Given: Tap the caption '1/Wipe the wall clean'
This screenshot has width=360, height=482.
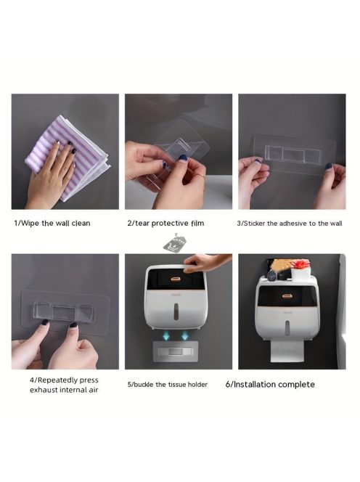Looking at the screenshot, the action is (x=52, y=223).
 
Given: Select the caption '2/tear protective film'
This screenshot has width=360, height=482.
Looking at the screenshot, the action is (x=165, y=223).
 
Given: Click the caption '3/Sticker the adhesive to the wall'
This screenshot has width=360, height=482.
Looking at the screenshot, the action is (x=290, y=224).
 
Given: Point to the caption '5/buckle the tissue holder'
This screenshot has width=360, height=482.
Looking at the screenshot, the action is (x=168, y=385).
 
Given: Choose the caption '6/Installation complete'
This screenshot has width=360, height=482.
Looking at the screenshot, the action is (x=270, y=385).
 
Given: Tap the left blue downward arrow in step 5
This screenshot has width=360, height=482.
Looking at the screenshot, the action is (x=166, y=335).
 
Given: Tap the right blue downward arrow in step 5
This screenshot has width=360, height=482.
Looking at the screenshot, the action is (x=185, y=335).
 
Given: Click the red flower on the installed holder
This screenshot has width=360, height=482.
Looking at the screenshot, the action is (x=299, y=264).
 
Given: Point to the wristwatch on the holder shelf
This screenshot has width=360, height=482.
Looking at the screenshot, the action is (x=272, y=276).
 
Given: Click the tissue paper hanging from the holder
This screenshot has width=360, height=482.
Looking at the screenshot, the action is (x=287, y=351).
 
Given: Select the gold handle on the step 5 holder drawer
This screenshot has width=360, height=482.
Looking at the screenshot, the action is (x=176, y=279).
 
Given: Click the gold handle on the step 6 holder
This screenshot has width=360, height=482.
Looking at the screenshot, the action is (x=287, y=296).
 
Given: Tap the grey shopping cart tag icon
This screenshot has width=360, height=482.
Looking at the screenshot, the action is (x=174, y=243).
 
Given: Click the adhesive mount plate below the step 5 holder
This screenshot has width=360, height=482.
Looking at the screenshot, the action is (x=175, y=351).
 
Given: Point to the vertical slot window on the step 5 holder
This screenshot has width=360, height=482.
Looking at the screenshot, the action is (x=176, y=311).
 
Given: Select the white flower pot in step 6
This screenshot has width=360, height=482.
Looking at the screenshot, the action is (x=300, y=273).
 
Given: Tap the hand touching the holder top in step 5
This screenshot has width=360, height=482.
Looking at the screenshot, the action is (x=206, y=261).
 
